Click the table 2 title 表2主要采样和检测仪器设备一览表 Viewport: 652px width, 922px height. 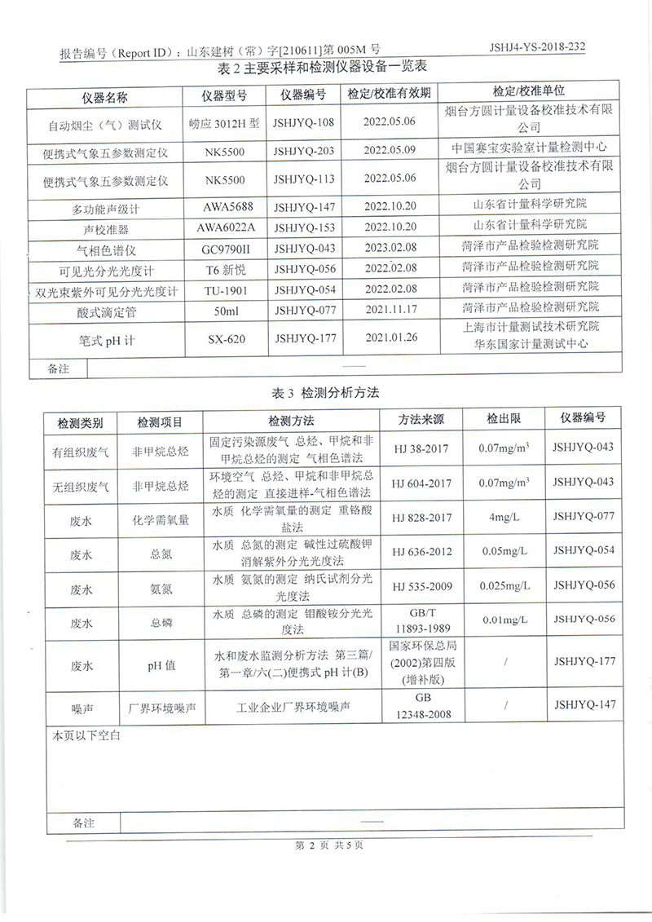(324, 67)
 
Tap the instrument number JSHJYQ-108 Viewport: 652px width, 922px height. (304, 122)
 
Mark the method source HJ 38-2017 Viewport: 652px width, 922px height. (421, 448)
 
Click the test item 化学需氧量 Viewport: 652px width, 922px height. (161, 518)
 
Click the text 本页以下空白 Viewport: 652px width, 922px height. (86, 735)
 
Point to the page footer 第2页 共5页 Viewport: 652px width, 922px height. (328, 845)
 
